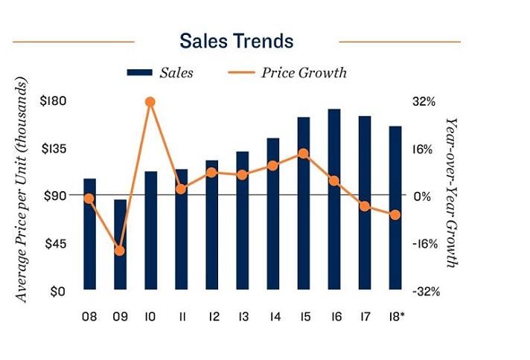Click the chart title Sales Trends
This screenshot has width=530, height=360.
237,40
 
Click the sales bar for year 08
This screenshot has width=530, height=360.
89,234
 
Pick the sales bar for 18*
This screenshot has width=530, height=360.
395,208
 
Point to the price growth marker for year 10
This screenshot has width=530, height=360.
150,102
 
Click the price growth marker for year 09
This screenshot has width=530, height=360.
120,250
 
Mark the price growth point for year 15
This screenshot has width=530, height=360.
303,154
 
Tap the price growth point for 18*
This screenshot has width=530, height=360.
395,215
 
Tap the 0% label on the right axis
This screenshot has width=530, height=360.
422,196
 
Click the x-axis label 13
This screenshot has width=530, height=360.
242,316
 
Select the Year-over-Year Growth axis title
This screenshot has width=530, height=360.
450,191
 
